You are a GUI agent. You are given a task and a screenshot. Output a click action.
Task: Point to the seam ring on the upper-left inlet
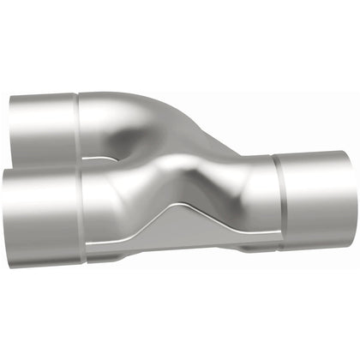[79, 120]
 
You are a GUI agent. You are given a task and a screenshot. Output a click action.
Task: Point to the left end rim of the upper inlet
[11, 129]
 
